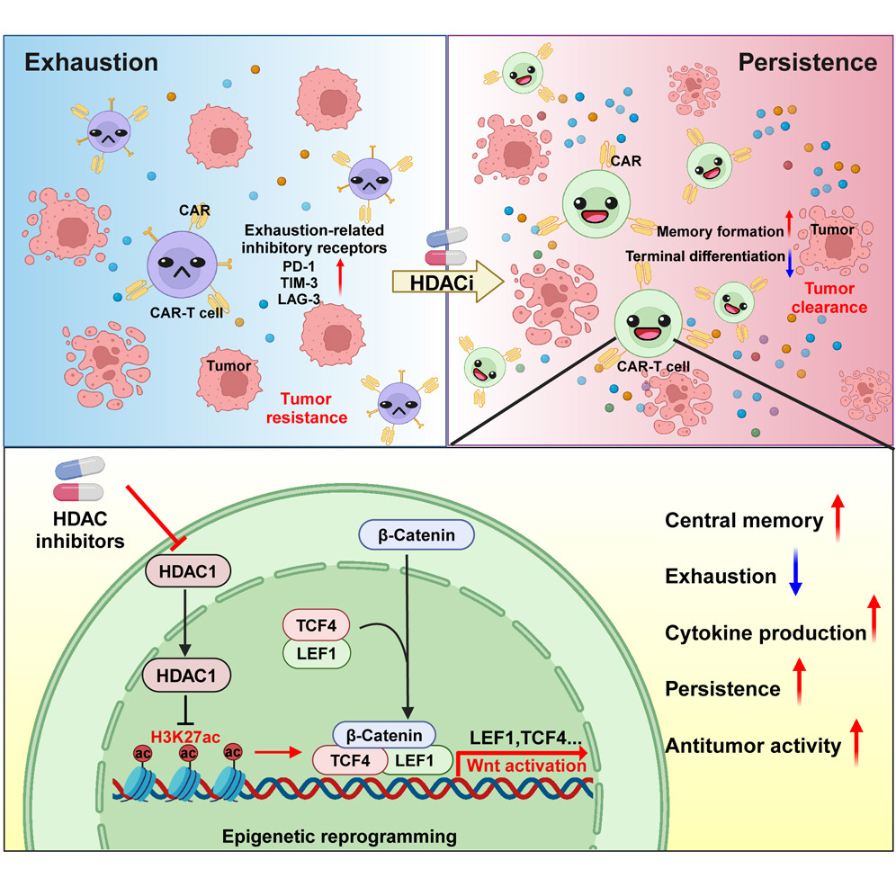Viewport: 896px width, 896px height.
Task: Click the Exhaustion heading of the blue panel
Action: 92,62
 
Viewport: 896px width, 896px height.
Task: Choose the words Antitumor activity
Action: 753,745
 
